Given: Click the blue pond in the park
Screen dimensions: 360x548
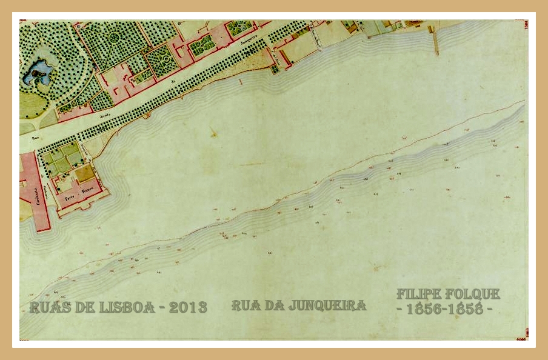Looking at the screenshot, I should (x=36, y=73).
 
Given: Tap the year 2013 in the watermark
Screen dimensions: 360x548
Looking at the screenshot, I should (x=188, y=307).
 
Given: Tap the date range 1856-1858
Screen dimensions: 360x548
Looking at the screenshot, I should (x=445, y=308).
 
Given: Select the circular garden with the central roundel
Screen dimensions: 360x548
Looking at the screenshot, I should (x=114, y=38).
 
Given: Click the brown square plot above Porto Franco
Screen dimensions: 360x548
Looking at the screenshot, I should (x=85, y=173).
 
